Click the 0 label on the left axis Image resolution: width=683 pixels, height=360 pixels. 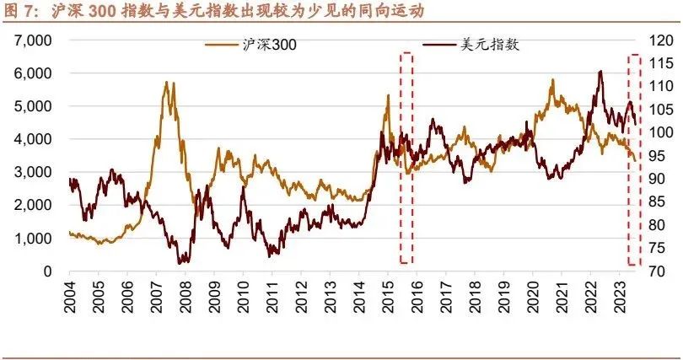point(48,271)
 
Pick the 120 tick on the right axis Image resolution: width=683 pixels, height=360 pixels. point(659,40)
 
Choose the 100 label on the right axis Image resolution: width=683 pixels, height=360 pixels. point(659,132)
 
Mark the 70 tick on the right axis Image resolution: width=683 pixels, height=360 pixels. point(656,271)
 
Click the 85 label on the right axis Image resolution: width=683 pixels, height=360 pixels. point(656,201)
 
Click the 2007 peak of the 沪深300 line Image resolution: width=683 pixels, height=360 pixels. point(167,83)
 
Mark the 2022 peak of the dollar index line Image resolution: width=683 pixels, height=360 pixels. point(600,72)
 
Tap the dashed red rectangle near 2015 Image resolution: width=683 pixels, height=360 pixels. point(406,158)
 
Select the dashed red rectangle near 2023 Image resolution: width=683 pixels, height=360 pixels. point(635,158)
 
